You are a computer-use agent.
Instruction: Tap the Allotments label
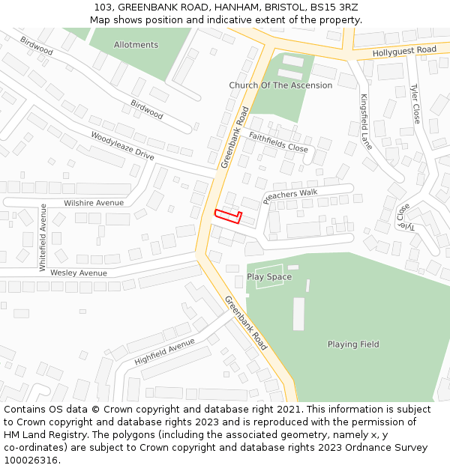(136, 45)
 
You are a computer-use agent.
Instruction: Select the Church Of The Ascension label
(280, 85)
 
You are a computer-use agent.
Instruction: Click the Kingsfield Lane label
(366, 122)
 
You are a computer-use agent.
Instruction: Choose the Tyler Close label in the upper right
(415, 103)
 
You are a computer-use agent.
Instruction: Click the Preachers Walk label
(290, 196)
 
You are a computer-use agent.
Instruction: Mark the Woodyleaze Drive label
(122, 146)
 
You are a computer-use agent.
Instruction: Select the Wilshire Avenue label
(94, 203)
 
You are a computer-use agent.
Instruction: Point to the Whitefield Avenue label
(43, 237)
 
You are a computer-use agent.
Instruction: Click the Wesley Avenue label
(79, 273)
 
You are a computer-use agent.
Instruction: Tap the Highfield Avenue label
(164, 351)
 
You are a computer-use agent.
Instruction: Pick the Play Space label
(269, 277)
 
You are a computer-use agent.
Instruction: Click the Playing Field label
(353, 344)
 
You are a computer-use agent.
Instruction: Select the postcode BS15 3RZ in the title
(333, 8)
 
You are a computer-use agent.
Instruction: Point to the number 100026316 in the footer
(31, 461)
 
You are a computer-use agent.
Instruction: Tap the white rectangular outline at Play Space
(269, 277)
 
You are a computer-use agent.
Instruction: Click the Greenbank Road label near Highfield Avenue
(245, 323)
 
